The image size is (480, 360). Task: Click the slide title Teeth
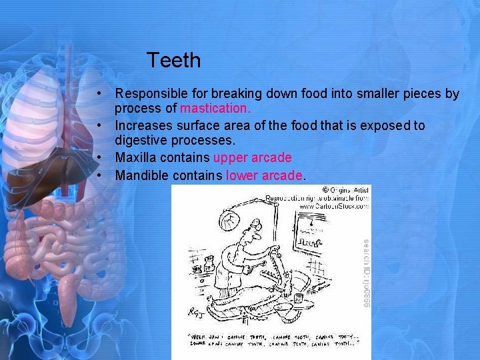(173, 61)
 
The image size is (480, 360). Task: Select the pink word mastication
(215, 108)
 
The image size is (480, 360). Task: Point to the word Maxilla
(137, 158)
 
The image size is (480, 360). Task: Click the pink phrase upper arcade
(252, 158)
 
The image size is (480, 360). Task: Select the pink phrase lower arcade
(265, 175)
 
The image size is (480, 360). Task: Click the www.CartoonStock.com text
(333, 206)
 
